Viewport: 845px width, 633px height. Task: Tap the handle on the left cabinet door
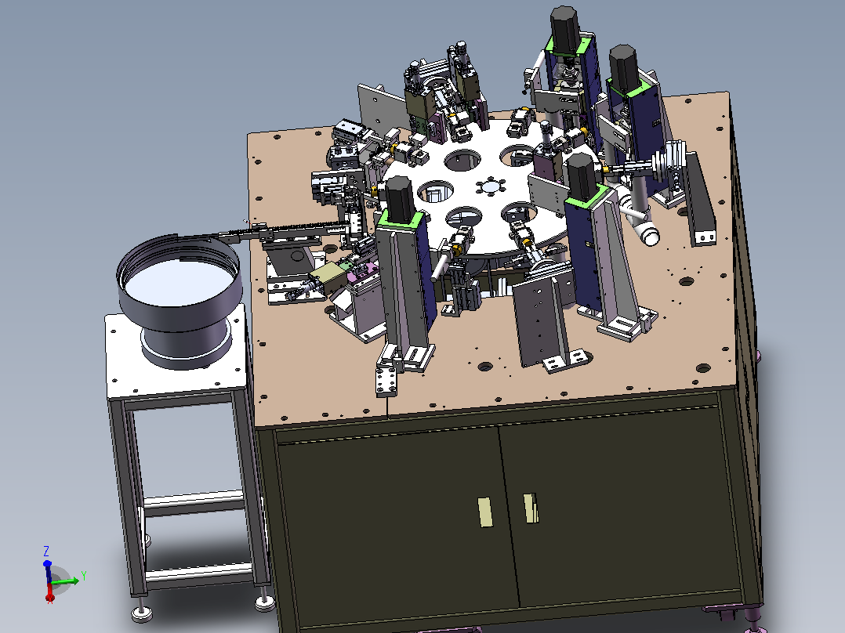coord(485,512)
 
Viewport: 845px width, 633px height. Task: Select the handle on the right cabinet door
coord(530,508)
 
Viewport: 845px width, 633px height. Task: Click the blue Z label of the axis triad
coord(46,551)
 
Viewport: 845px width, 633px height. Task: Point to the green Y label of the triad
coord(84,576)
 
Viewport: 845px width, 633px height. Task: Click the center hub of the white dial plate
coord(491,187)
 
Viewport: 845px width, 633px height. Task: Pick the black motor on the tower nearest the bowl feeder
coord(399,197)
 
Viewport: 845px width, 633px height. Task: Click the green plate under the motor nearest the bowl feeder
coord(401,219)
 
